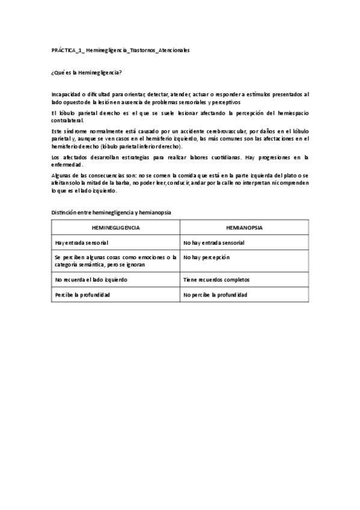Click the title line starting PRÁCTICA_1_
pos(121,51)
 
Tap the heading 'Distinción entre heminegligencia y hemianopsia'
pos(112,213)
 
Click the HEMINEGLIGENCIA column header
pos(116,228)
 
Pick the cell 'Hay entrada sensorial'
pos(82,243)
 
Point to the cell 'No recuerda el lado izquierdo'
pos(91,280)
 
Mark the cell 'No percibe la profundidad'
pos(215,295)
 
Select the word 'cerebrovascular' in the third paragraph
pos(222,130)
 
